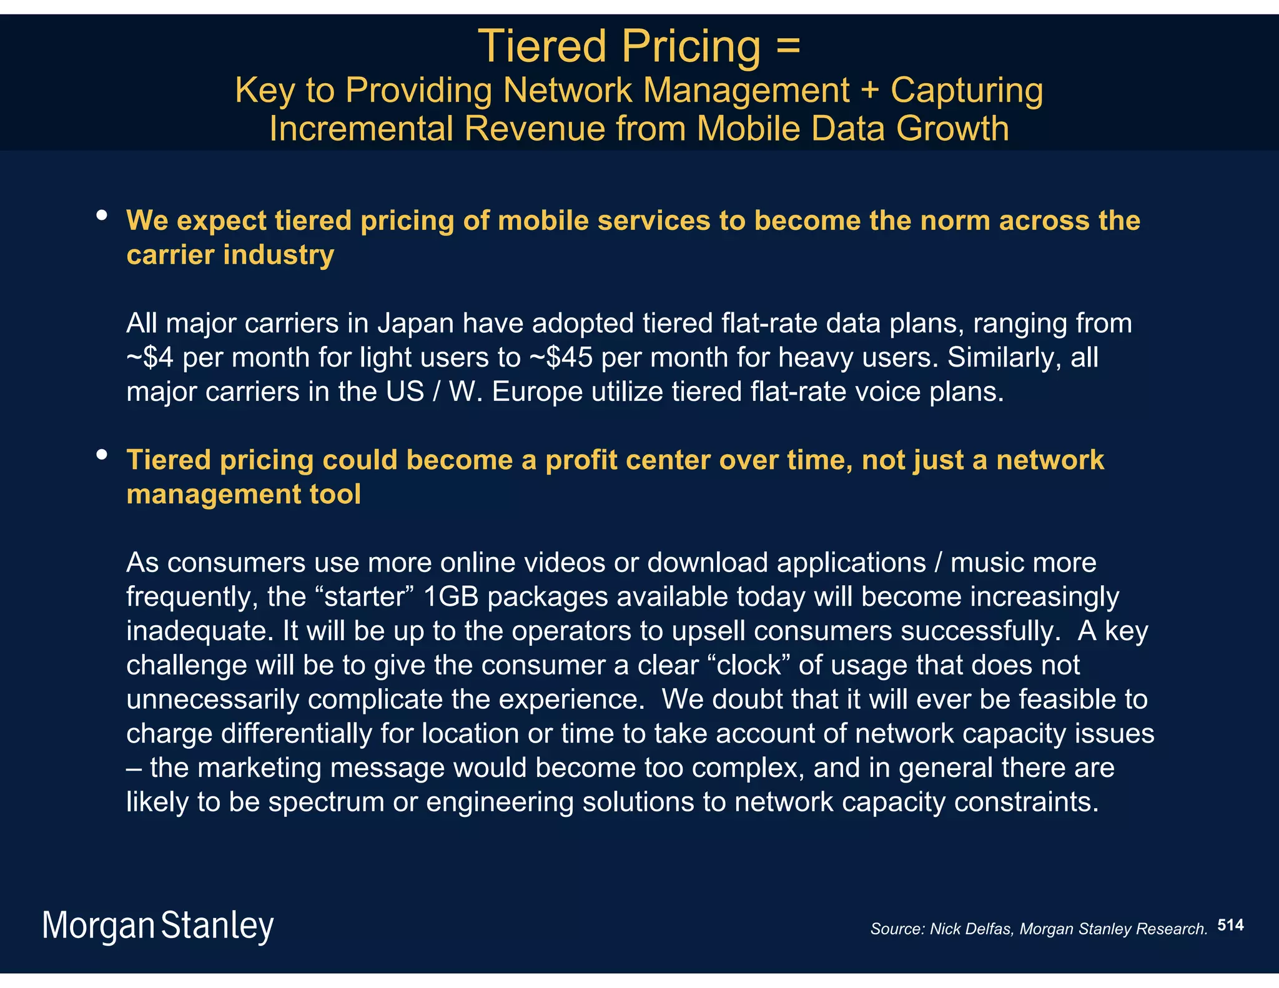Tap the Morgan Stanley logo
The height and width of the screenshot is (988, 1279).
[158, 926]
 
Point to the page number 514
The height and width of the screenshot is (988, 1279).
[1230, 925]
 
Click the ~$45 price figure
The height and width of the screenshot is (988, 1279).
[561, 358]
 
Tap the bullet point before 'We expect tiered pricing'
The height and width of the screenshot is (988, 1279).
[102, 216]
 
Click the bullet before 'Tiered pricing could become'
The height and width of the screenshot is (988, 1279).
[102, 455]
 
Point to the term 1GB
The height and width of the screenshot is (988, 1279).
[450, 597]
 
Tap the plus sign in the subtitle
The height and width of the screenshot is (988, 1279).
[869, 91]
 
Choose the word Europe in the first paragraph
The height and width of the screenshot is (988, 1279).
[536, 392]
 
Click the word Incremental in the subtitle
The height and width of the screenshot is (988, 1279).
[361, 129]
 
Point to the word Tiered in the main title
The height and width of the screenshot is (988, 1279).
[541, 47]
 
